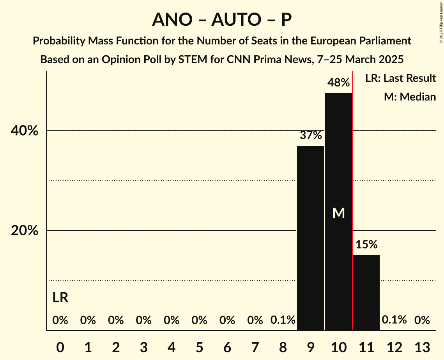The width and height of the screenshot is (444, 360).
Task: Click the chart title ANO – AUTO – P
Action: [x=222, y=19]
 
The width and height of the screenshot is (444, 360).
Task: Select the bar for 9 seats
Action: [x=311, y=238]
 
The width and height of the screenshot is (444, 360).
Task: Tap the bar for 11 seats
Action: [x=366, y=292]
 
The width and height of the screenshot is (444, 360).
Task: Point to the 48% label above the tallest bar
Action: [x=338, y=83]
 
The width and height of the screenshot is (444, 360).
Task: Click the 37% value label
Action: [x=311, y=135]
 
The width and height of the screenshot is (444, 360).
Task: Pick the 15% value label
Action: [x=366, y=245]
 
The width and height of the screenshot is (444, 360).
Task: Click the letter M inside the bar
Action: [x=338, y=213]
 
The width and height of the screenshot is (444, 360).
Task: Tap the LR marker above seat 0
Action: [x=60, y=298]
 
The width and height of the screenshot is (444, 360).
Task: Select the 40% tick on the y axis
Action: [x=25, y=131]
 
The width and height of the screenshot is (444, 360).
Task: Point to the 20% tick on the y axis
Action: [x=25, y=231]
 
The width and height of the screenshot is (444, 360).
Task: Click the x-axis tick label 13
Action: [x=422, y=347]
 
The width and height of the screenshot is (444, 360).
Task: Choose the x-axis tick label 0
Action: [x=60, y=347]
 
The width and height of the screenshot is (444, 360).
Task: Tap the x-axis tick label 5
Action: [x=200, y=347]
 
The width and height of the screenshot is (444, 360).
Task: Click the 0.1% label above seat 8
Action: [x=283, y=320]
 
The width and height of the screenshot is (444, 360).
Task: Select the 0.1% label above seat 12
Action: [x=394, y=320]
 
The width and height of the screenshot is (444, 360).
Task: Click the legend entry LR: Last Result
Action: [x=400, y=78]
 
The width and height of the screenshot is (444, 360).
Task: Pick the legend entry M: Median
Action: [x=410, y=97]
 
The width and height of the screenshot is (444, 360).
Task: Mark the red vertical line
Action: [x=352, y=195]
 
